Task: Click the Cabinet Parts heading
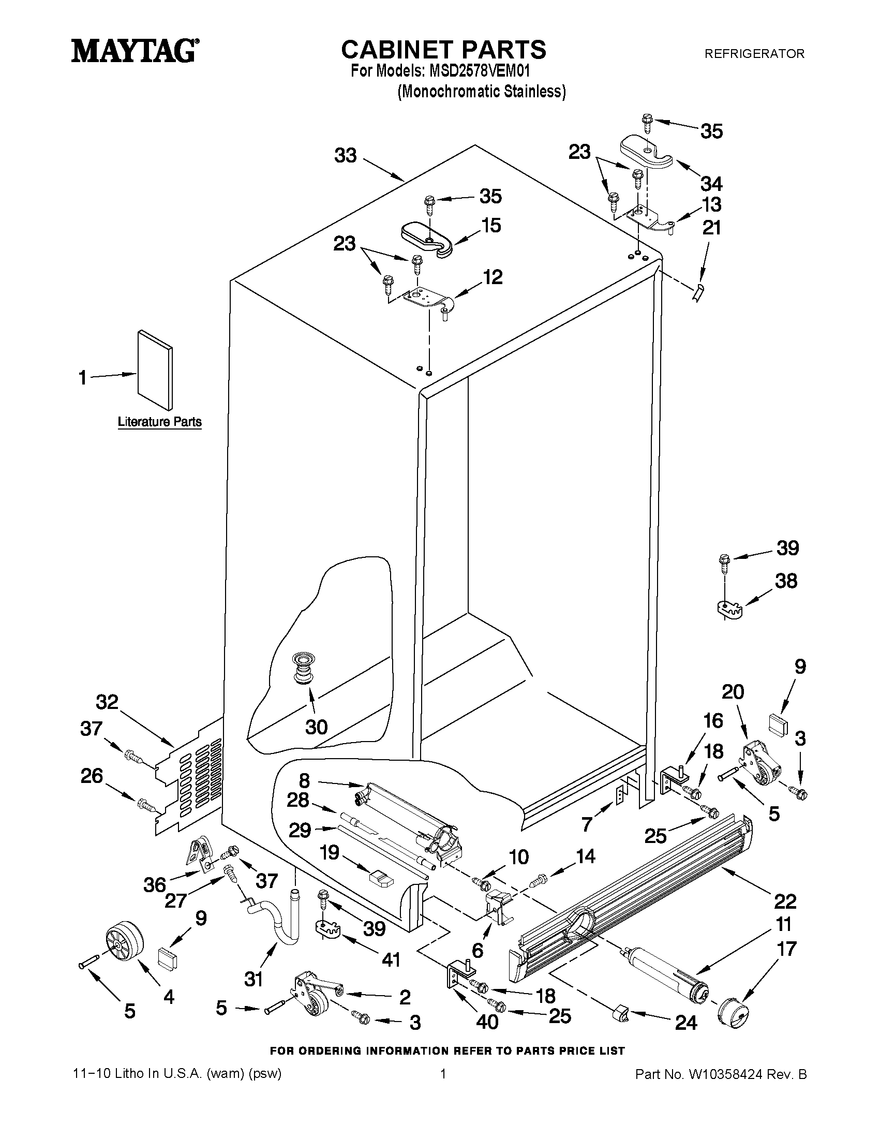coord(444,50)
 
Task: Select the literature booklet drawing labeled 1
coord(155,370)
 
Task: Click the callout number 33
coord(346,155)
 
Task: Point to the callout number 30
coord(317,727)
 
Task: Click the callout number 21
coord(712,228)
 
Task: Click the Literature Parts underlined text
coord(159,421)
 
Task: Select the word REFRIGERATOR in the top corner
coord(754,53)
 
